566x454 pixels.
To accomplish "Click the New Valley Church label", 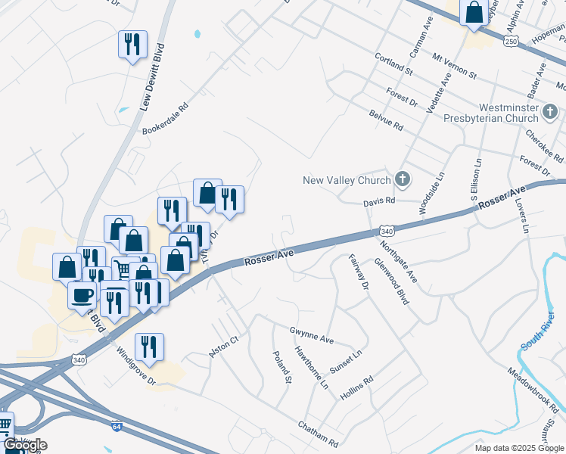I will (x=347, y=180).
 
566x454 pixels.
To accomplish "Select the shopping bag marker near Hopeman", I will (x=474, y=12).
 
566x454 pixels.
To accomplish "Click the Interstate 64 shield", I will (x=117, y=427).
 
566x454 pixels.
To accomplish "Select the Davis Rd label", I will (x=379, y=201).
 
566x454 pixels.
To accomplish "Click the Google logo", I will (x=24, y=445).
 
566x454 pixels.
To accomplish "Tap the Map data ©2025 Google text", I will (x=518, y=448).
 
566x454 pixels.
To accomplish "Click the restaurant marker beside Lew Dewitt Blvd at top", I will (x=132, y=43).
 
